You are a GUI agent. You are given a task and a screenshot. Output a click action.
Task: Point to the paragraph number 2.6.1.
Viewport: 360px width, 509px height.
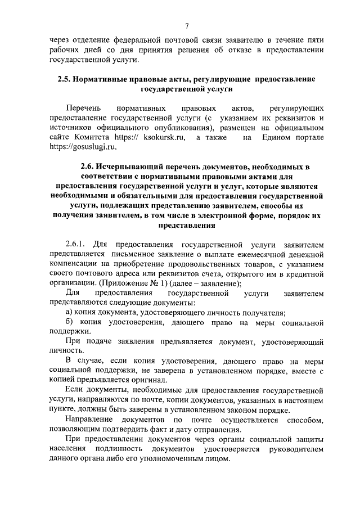(x=75, y=244)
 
